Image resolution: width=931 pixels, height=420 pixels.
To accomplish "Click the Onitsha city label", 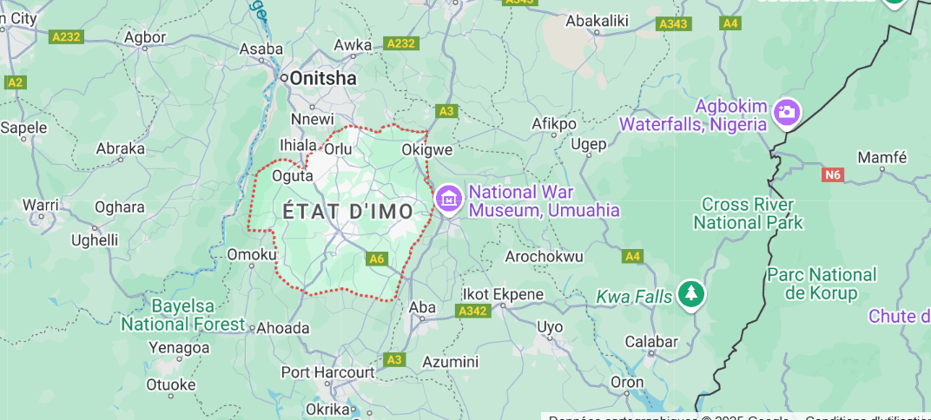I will [322, 78].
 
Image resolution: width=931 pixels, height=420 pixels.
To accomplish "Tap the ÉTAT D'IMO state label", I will [348, 211].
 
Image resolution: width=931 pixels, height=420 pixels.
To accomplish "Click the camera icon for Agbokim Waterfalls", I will [787, 112].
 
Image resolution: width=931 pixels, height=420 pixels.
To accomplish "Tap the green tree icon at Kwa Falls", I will [690, 295].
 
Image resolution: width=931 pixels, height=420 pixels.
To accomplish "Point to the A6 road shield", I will [376, 259].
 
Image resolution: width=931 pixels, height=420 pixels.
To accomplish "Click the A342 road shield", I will [472, 311].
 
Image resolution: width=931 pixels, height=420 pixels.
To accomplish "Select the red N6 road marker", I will [833, 174].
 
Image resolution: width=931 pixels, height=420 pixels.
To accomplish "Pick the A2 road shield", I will [15, 82].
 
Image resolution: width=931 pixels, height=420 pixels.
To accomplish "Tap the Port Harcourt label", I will [327, 372].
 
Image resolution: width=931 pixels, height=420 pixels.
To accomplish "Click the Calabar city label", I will [651, 341].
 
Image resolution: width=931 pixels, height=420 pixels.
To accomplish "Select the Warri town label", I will [40, 205].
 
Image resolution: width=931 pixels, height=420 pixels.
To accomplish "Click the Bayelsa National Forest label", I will [183, 315].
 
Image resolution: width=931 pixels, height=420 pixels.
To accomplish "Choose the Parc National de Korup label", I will [822, 284].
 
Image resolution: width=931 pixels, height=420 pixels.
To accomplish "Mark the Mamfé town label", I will [881, 158].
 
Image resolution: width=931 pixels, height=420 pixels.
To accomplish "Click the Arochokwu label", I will [544, 257].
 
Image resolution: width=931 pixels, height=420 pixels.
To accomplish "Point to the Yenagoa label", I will [179, 348].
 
